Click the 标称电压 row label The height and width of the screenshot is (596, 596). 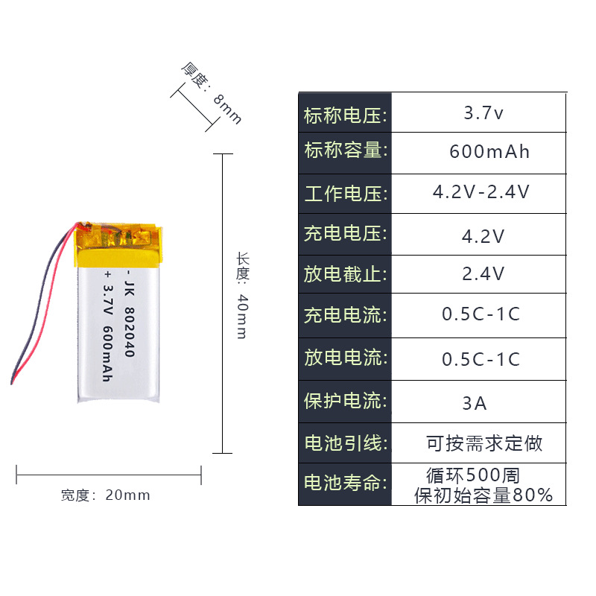click(x=345, y=115)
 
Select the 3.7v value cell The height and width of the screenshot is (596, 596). click(x=484, y=114)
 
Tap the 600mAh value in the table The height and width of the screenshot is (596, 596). click(x=489, y=152)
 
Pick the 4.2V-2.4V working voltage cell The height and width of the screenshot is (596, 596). click(x=481, y=192)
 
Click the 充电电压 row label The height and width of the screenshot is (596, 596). click(x=345, y=234)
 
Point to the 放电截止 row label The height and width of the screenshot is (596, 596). click(x=345, y=274)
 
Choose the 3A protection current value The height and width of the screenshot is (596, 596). click(x=475, y=403)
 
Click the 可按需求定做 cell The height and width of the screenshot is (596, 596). click(x=484, y=443)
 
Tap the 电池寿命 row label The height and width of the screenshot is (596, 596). click(x=345, y=484)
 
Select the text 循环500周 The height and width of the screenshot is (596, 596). click(x=472, y=475)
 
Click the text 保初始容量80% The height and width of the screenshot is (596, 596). click(x=484, y=495)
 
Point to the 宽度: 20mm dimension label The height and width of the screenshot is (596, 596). click(x=106, y=495)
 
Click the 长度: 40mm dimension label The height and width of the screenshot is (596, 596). click(x=242, y=296)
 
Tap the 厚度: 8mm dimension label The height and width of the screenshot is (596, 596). click(x=212, y=93)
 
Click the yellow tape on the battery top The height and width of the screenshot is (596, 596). click(x=119, y=246)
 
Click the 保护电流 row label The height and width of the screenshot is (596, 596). click(x=345, y=402)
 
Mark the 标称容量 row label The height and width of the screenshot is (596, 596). click(x=345, y=151)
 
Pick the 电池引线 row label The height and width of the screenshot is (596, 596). click(x=345, y=443)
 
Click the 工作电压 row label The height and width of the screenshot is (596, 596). click(x=345, y=194)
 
